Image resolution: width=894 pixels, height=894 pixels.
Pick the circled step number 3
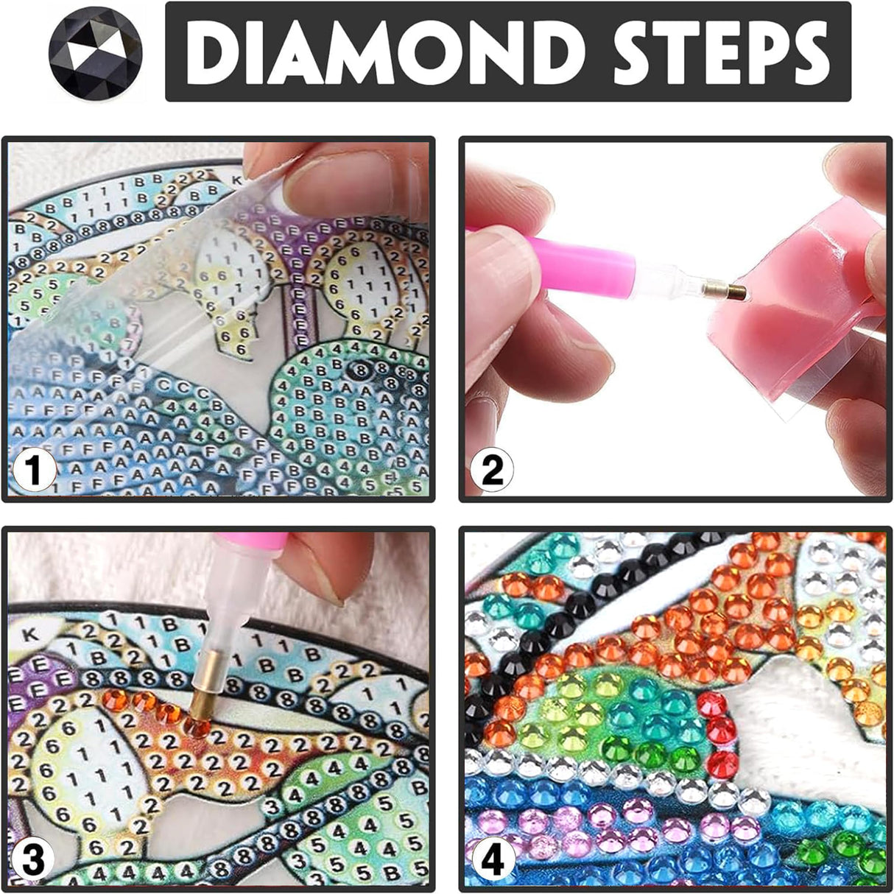pyautogui.click(x=34, y=860)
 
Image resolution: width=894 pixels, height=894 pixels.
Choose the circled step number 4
pyautogui.click(x=492, y=860)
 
